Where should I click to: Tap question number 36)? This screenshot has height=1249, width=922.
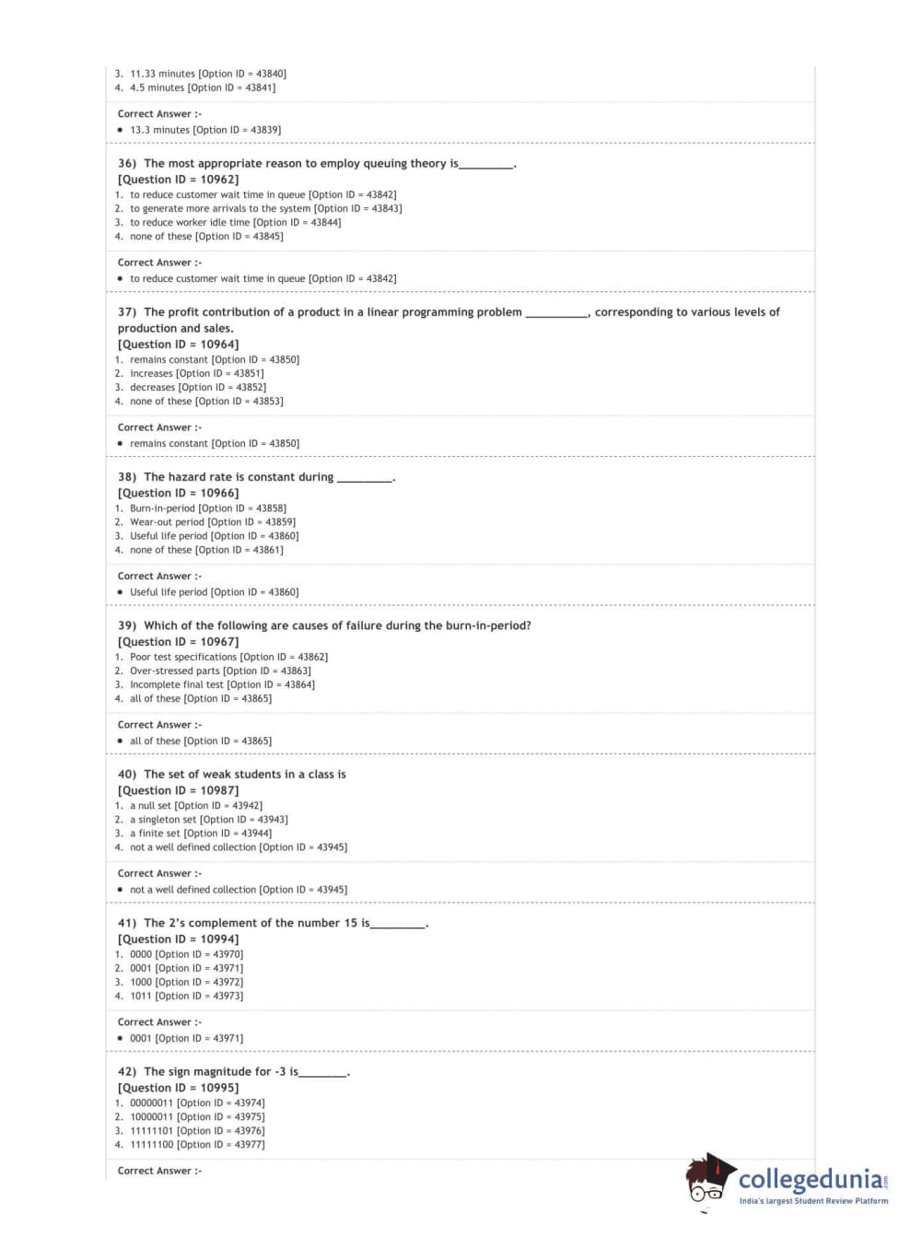127,164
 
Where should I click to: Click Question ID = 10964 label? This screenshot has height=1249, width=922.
178,344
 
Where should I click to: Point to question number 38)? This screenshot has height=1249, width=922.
127,477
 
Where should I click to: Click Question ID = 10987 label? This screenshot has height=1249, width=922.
178,790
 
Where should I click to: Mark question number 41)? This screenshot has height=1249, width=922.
127,923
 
